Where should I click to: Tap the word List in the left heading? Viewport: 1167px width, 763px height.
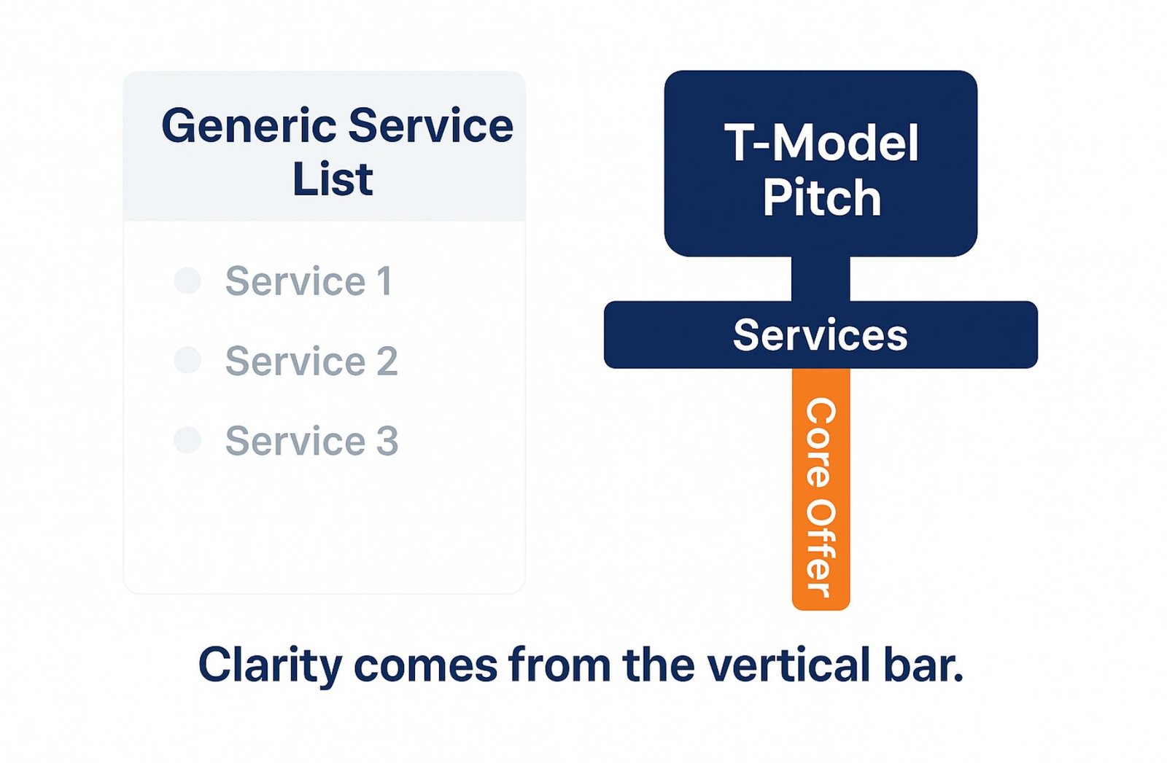click(x=333, y=179)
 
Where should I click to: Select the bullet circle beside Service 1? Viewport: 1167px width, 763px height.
click(x=187, y=281)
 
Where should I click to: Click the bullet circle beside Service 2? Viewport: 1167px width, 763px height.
click(x=187, y=360)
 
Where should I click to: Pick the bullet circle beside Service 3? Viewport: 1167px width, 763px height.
click(x=187, y=440)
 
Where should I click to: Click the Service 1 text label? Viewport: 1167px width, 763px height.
click(x=309, y=281)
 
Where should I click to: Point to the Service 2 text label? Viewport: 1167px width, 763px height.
click(x=311, y=361)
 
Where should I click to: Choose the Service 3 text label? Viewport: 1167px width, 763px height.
click(x=311, y=441)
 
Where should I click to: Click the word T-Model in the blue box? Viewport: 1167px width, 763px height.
click(x=821, y=143)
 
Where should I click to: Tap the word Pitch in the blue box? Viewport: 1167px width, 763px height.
click(x=821, y=197)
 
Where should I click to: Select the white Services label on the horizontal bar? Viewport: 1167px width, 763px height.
click(x=820, y=335)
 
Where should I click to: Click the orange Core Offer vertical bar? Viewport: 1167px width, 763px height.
click(x=821, y=489)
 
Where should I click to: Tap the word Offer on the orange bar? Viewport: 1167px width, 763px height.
click(x=821, y=549)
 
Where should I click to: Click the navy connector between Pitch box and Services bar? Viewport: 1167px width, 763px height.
click(x=821, y=279)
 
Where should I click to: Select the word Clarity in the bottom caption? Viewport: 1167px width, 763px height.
click(x=271, y=666)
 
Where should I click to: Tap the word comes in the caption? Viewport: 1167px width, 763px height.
click(x=426, y=668)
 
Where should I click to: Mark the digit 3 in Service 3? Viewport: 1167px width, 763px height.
click(x=387, y=441)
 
